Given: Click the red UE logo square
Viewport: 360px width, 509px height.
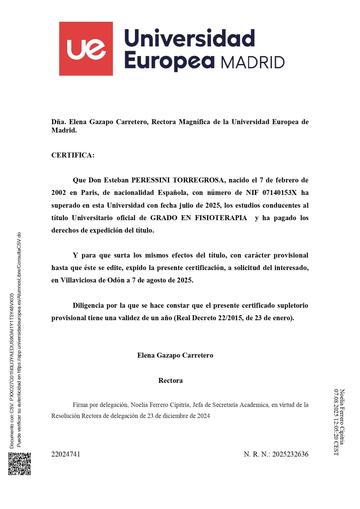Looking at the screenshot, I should click(x=86, y=48).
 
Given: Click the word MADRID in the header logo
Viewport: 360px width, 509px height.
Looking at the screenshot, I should click(x=252, y=62).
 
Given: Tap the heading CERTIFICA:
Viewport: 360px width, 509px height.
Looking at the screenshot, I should click(x=73, y=155).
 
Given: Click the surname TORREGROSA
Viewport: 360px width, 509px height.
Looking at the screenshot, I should click(x=198, y=180).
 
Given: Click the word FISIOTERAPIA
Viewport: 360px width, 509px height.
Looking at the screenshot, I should click(x=221, y=218).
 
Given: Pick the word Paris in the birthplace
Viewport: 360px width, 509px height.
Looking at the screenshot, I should click(x=89, y=193).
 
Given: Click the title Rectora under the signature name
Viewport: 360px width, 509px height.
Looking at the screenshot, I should click(x=171, y=381).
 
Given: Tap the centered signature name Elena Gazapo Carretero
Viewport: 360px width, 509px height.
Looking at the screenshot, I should click(x=175, y=355).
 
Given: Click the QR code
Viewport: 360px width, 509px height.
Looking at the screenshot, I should click(x=19, y=464).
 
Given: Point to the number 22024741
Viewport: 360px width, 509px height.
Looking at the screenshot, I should click(x=66, y=454).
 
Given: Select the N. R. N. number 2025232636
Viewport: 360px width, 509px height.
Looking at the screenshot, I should click(x=290, y=454).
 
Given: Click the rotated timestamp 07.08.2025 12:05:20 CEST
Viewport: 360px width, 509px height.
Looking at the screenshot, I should click(x=336, y=422).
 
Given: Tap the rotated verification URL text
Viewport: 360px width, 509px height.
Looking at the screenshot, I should click(x=19, y=339).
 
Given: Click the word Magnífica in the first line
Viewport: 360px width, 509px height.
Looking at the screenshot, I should click(x=194, y=122).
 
